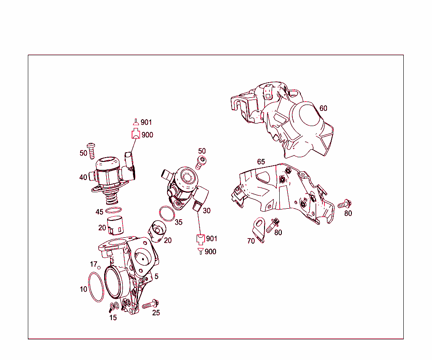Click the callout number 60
[x=323, y=108]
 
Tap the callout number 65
[x=261, y=162]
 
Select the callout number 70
[x=251, y=241]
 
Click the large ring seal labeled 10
[x=96, y=287]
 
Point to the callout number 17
[x=94, y=264]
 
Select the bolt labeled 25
[x=150, y=304]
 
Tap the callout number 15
[x=113, y=318]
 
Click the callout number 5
[x=157, y=277]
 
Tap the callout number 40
[x=83, y=177]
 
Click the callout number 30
[x=206, y=211]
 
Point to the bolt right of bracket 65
[x=344, y=204]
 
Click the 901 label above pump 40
[x=146, y=123]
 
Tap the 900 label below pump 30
[x=210, y=252]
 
